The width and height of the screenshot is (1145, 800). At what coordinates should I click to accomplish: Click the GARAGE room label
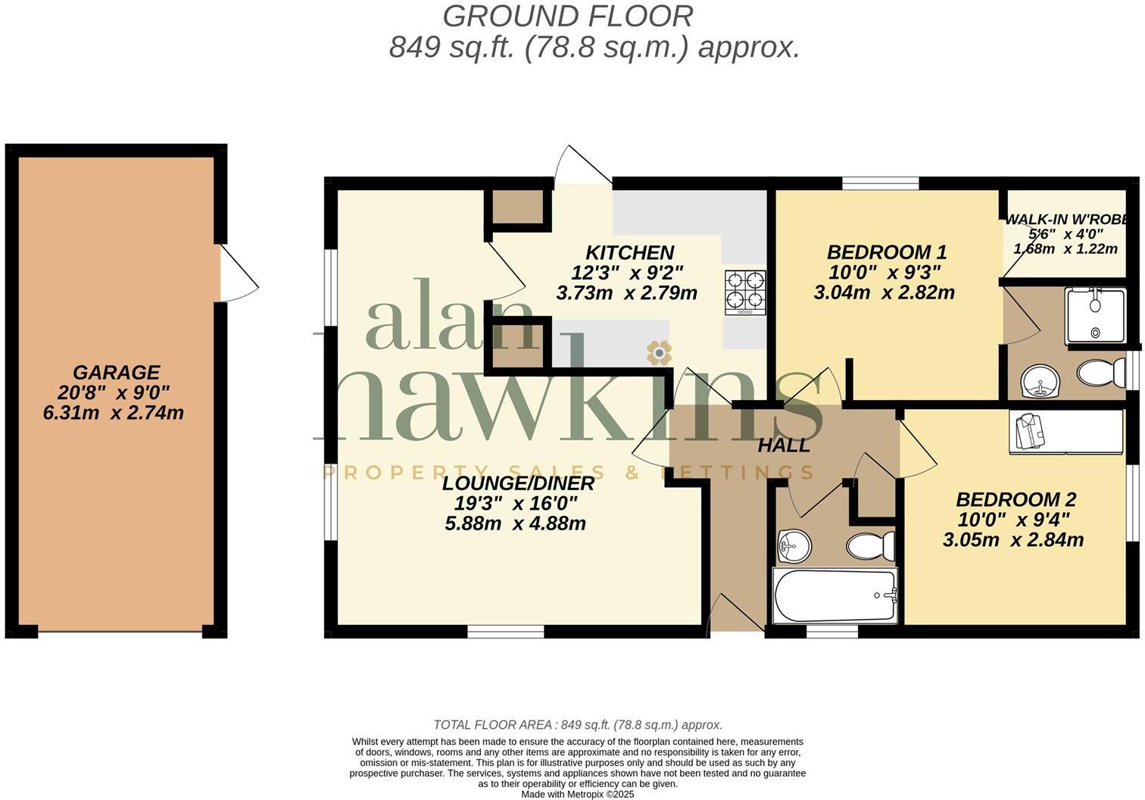117,373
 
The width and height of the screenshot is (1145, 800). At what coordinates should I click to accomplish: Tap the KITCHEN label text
629,252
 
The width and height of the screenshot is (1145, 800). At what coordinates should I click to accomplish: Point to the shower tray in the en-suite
1095,315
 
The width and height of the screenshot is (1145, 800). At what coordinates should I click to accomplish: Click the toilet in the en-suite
1102,373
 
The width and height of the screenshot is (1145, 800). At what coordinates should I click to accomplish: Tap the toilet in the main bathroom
871,545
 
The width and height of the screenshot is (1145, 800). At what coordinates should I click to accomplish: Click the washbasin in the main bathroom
794,545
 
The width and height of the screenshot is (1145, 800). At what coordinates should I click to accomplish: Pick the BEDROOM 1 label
886,252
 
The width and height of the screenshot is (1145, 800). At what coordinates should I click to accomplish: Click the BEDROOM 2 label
1016,500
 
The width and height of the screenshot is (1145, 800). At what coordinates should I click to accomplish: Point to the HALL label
784,445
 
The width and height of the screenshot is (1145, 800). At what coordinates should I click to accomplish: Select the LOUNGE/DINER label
518,483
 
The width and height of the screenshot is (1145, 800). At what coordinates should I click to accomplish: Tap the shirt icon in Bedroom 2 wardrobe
1029,432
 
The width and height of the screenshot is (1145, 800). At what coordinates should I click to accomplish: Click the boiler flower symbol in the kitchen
659,352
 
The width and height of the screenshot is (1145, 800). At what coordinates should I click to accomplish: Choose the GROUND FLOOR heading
567,16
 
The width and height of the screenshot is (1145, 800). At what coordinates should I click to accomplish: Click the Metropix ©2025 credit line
577,795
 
